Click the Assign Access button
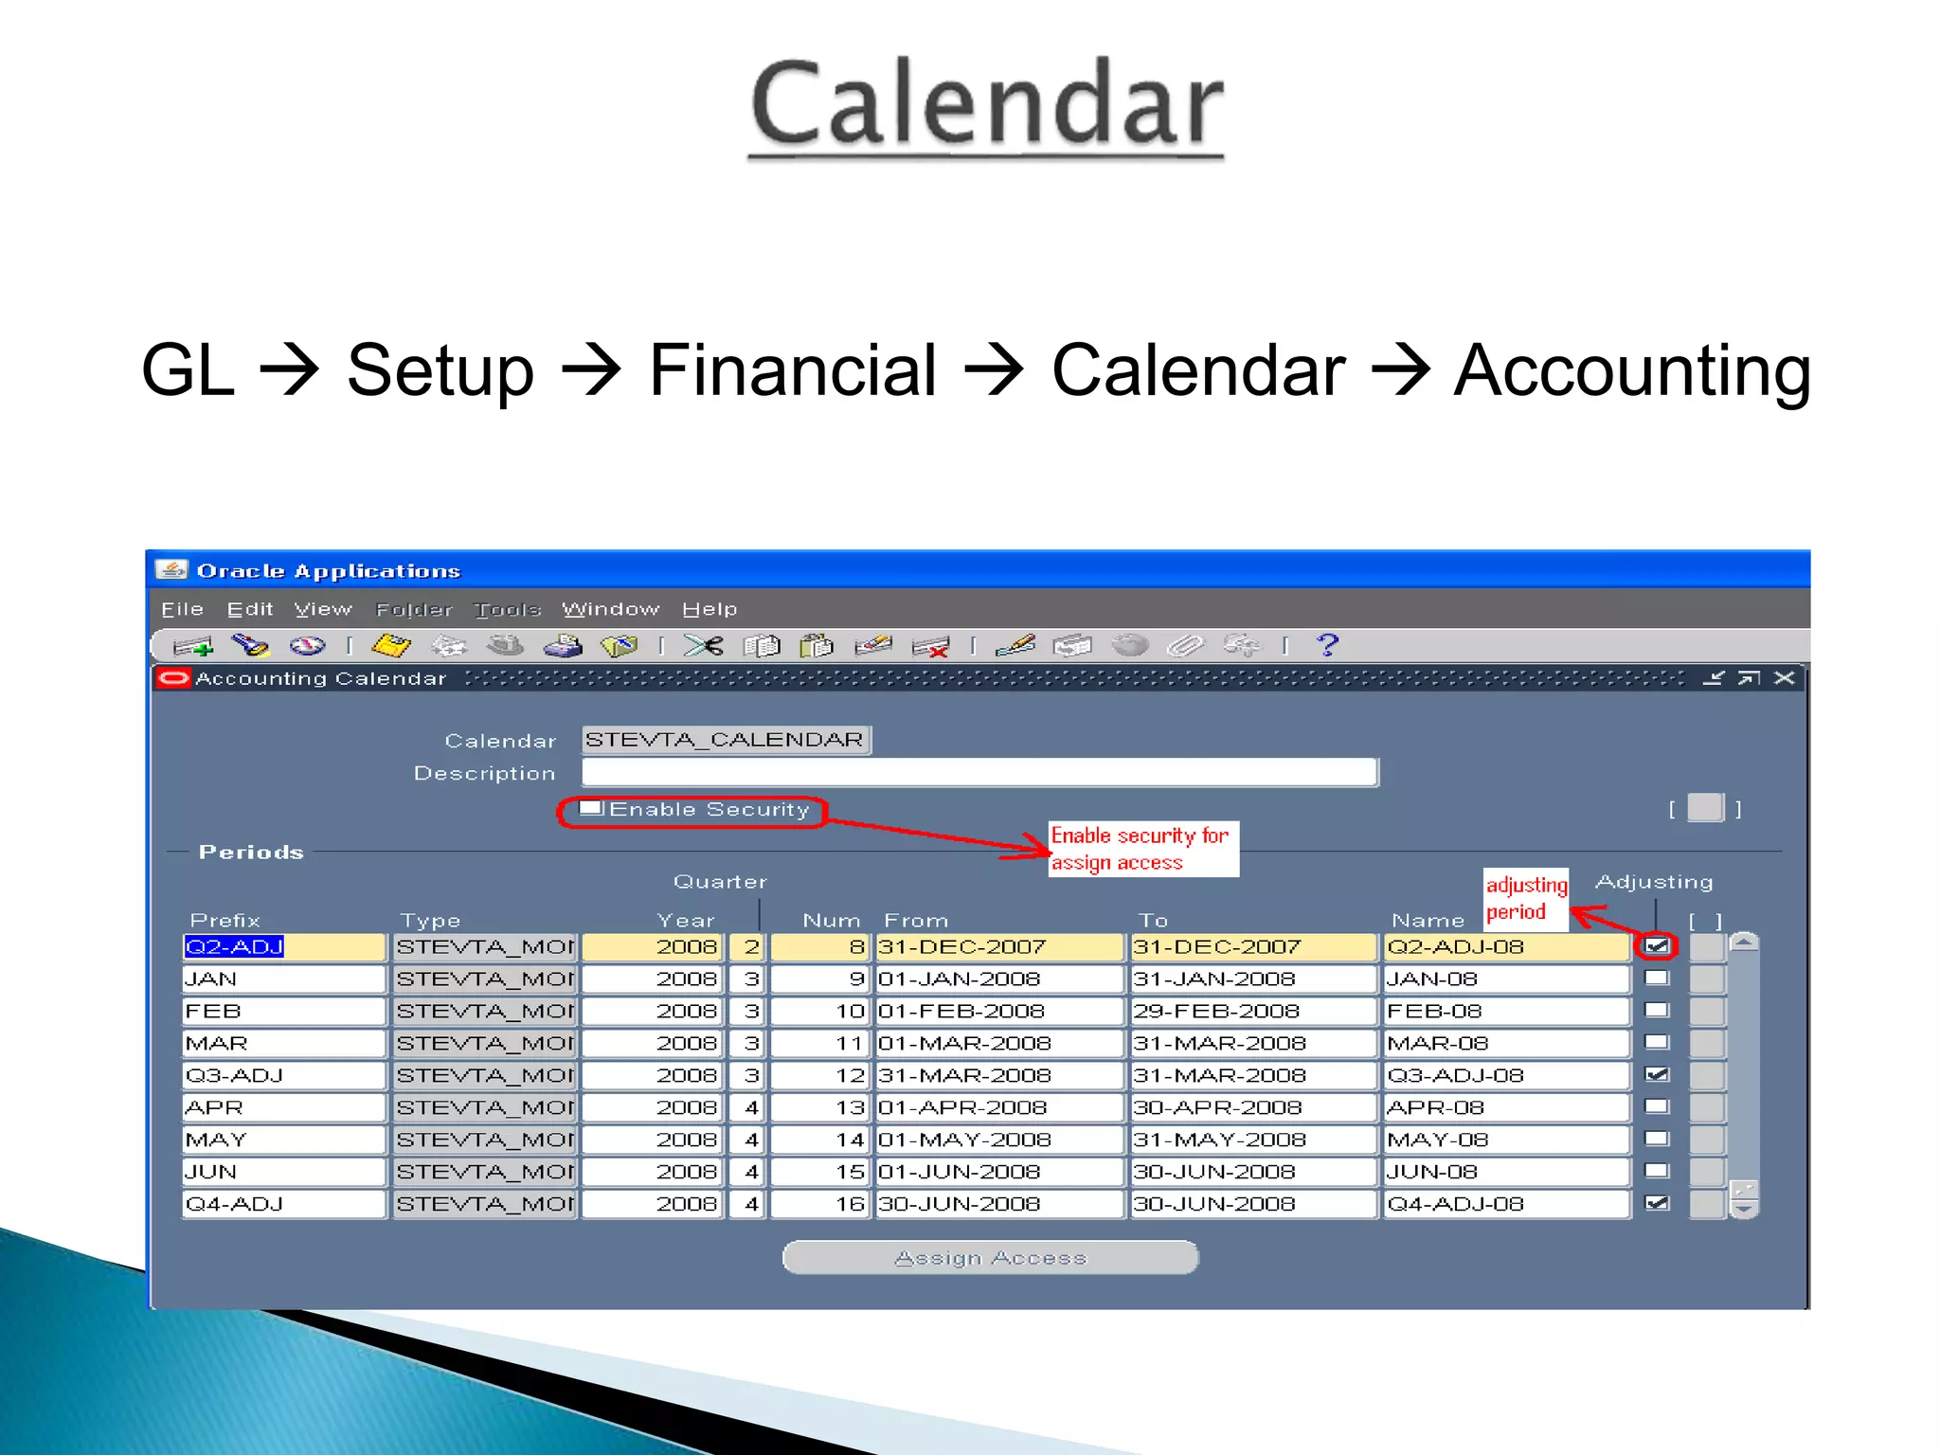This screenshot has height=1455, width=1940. coord(990,1257)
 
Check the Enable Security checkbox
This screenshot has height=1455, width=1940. coord(591,808)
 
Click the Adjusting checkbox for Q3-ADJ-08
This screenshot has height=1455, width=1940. coord(1657,1074)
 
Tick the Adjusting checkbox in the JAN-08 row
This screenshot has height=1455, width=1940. coord(1657,978)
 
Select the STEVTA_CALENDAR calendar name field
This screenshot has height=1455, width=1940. coord(726,740)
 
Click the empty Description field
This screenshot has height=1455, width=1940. coord(979,773)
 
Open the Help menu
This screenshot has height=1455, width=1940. coord(710,609)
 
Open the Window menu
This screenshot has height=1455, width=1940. coord(610,609)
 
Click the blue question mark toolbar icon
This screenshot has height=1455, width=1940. coord(1327,645)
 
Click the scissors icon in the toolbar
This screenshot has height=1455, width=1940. coord(703,646)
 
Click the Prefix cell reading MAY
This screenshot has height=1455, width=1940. coord(283,1140)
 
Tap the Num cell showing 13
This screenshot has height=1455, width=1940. coord(819,1107)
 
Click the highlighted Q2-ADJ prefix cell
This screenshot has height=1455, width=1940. coord(283,946)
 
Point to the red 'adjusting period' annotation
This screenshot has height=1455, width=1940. coord(1525,898)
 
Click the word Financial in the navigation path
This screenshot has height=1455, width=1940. coord(793,370)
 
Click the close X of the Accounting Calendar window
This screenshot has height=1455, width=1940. coord(1785,678)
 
